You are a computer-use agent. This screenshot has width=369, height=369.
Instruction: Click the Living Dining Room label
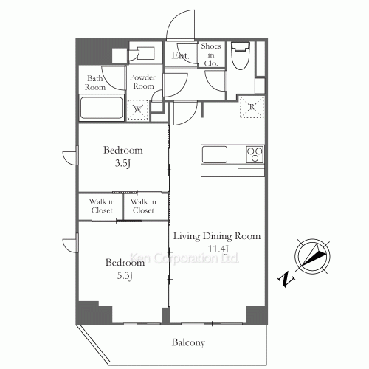pos(217,237)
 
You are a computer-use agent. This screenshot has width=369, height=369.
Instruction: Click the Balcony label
pos(188,342)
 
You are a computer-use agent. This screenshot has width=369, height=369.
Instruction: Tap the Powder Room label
pos(142,82)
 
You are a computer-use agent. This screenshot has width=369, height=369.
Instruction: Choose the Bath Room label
pos(97,82)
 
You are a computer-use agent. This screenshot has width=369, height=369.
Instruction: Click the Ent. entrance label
pos(180,56)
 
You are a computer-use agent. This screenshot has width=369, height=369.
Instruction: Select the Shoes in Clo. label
pos(210,55)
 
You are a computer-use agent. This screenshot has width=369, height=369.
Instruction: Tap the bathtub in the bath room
pos(102,108)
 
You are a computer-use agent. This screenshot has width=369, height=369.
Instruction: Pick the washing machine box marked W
pos(138,109)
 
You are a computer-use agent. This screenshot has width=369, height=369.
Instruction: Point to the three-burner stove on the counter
pos(254,154)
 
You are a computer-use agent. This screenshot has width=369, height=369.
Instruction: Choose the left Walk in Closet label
pos(101,207)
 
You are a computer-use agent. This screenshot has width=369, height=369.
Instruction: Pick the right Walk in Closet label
pos(142,207)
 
